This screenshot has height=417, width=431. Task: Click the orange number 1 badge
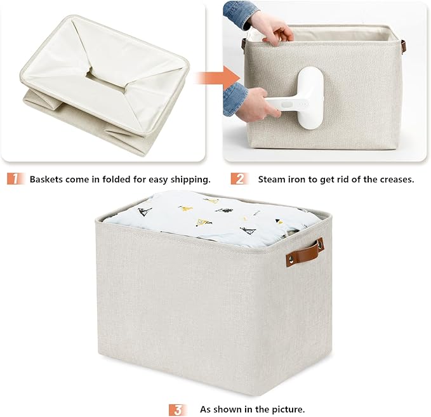pyautogui.click(x=16, y=179)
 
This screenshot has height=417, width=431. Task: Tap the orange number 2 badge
pyautogui.click(x=239, y=179)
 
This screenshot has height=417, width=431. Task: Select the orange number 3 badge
pyautogui.click(x=178, y=409)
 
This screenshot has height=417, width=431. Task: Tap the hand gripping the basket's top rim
pyautogui.click(x=272, y=27)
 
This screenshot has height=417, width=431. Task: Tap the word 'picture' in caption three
pyautogui.click(x=287, y=409)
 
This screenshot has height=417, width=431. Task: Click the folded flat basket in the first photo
pyautogui.click(x=102, y=83)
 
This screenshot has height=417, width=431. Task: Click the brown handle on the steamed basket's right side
pyautogui.click(x=404, y=46)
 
